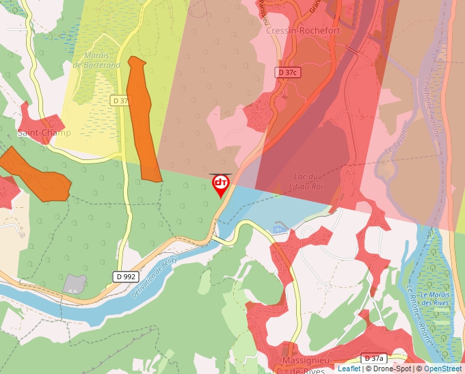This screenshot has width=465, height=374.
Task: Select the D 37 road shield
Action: [x=120, y=101]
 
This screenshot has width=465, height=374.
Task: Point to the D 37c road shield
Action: [x=289, y=72]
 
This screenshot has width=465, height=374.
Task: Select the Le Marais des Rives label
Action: [x=434, y=299]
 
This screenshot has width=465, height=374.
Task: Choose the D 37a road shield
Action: [x=374, y=358]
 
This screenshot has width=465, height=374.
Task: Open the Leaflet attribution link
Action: [x=349, y=369]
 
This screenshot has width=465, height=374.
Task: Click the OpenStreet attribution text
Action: [x=443, y=369]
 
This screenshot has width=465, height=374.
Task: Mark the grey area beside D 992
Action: [x=75, y=283]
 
